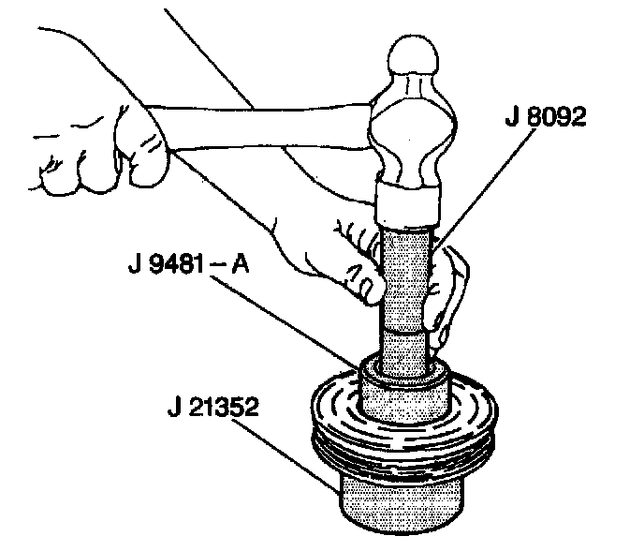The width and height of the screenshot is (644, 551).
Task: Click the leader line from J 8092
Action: pos(477,187)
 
